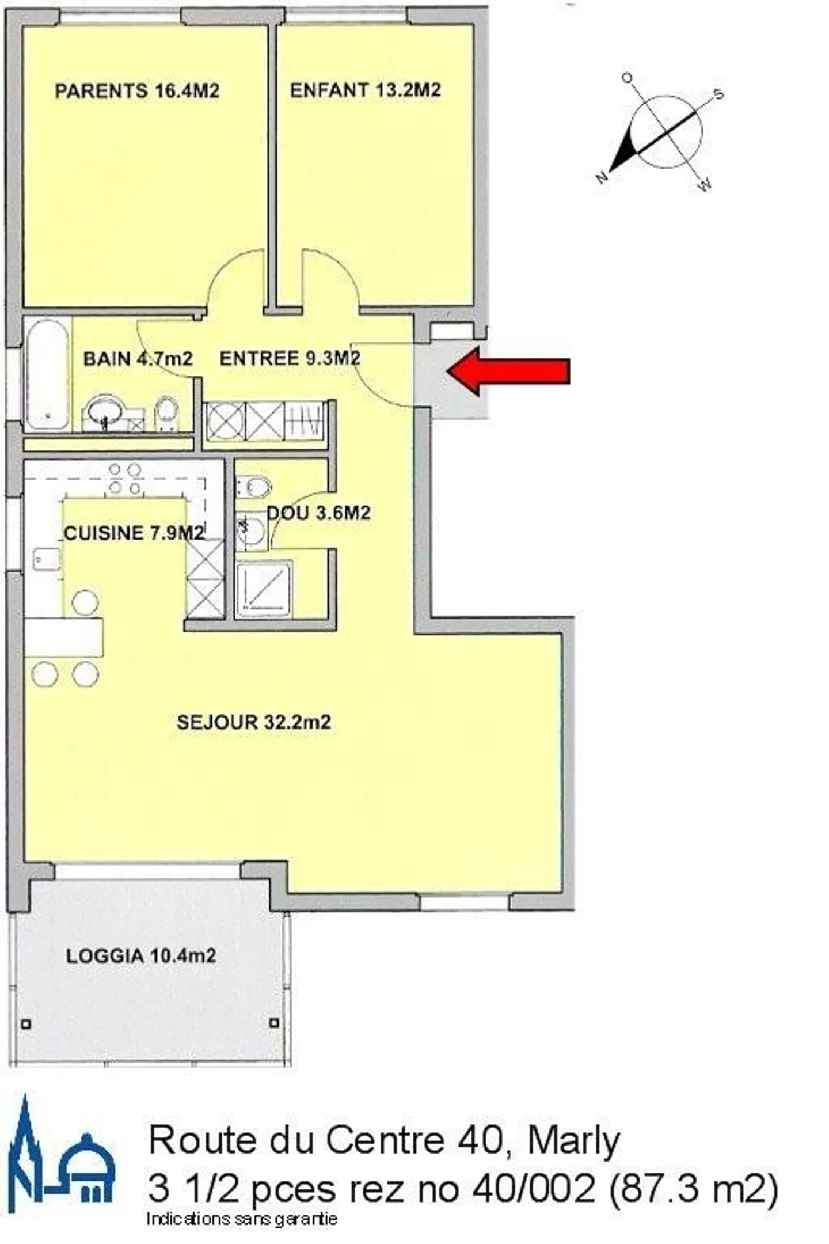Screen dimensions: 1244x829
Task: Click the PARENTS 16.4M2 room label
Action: (137, 91)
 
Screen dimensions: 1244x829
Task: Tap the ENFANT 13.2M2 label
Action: (366, 90)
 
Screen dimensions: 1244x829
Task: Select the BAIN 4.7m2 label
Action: (138, 359)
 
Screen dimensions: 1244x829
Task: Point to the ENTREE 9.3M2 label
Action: (290, 358)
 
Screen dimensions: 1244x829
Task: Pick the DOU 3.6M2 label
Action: (318, 513)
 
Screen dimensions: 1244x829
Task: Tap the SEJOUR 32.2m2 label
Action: (254, 722)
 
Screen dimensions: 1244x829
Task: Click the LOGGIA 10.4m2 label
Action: (141, 956)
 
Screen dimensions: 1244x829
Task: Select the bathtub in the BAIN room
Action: (47, 374)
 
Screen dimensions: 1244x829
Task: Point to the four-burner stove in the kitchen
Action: (125, 479)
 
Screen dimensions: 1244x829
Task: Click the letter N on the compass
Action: (602, 177)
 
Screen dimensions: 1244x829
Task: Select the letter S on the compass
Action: (718, 94)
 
